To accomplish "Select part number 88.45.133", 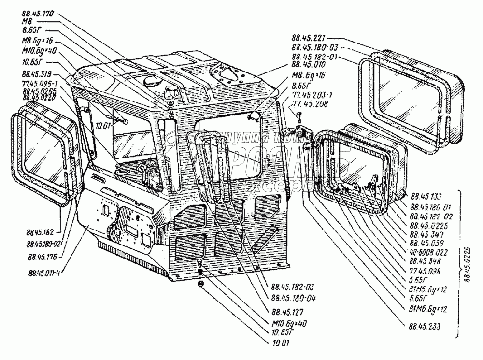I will tap(425, 197).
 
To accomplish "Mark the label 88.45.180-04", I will tap(291, 298).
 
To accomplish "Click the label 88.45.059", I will tap(425, 244).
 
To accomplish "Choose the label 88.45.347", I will tap(424, 234).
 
